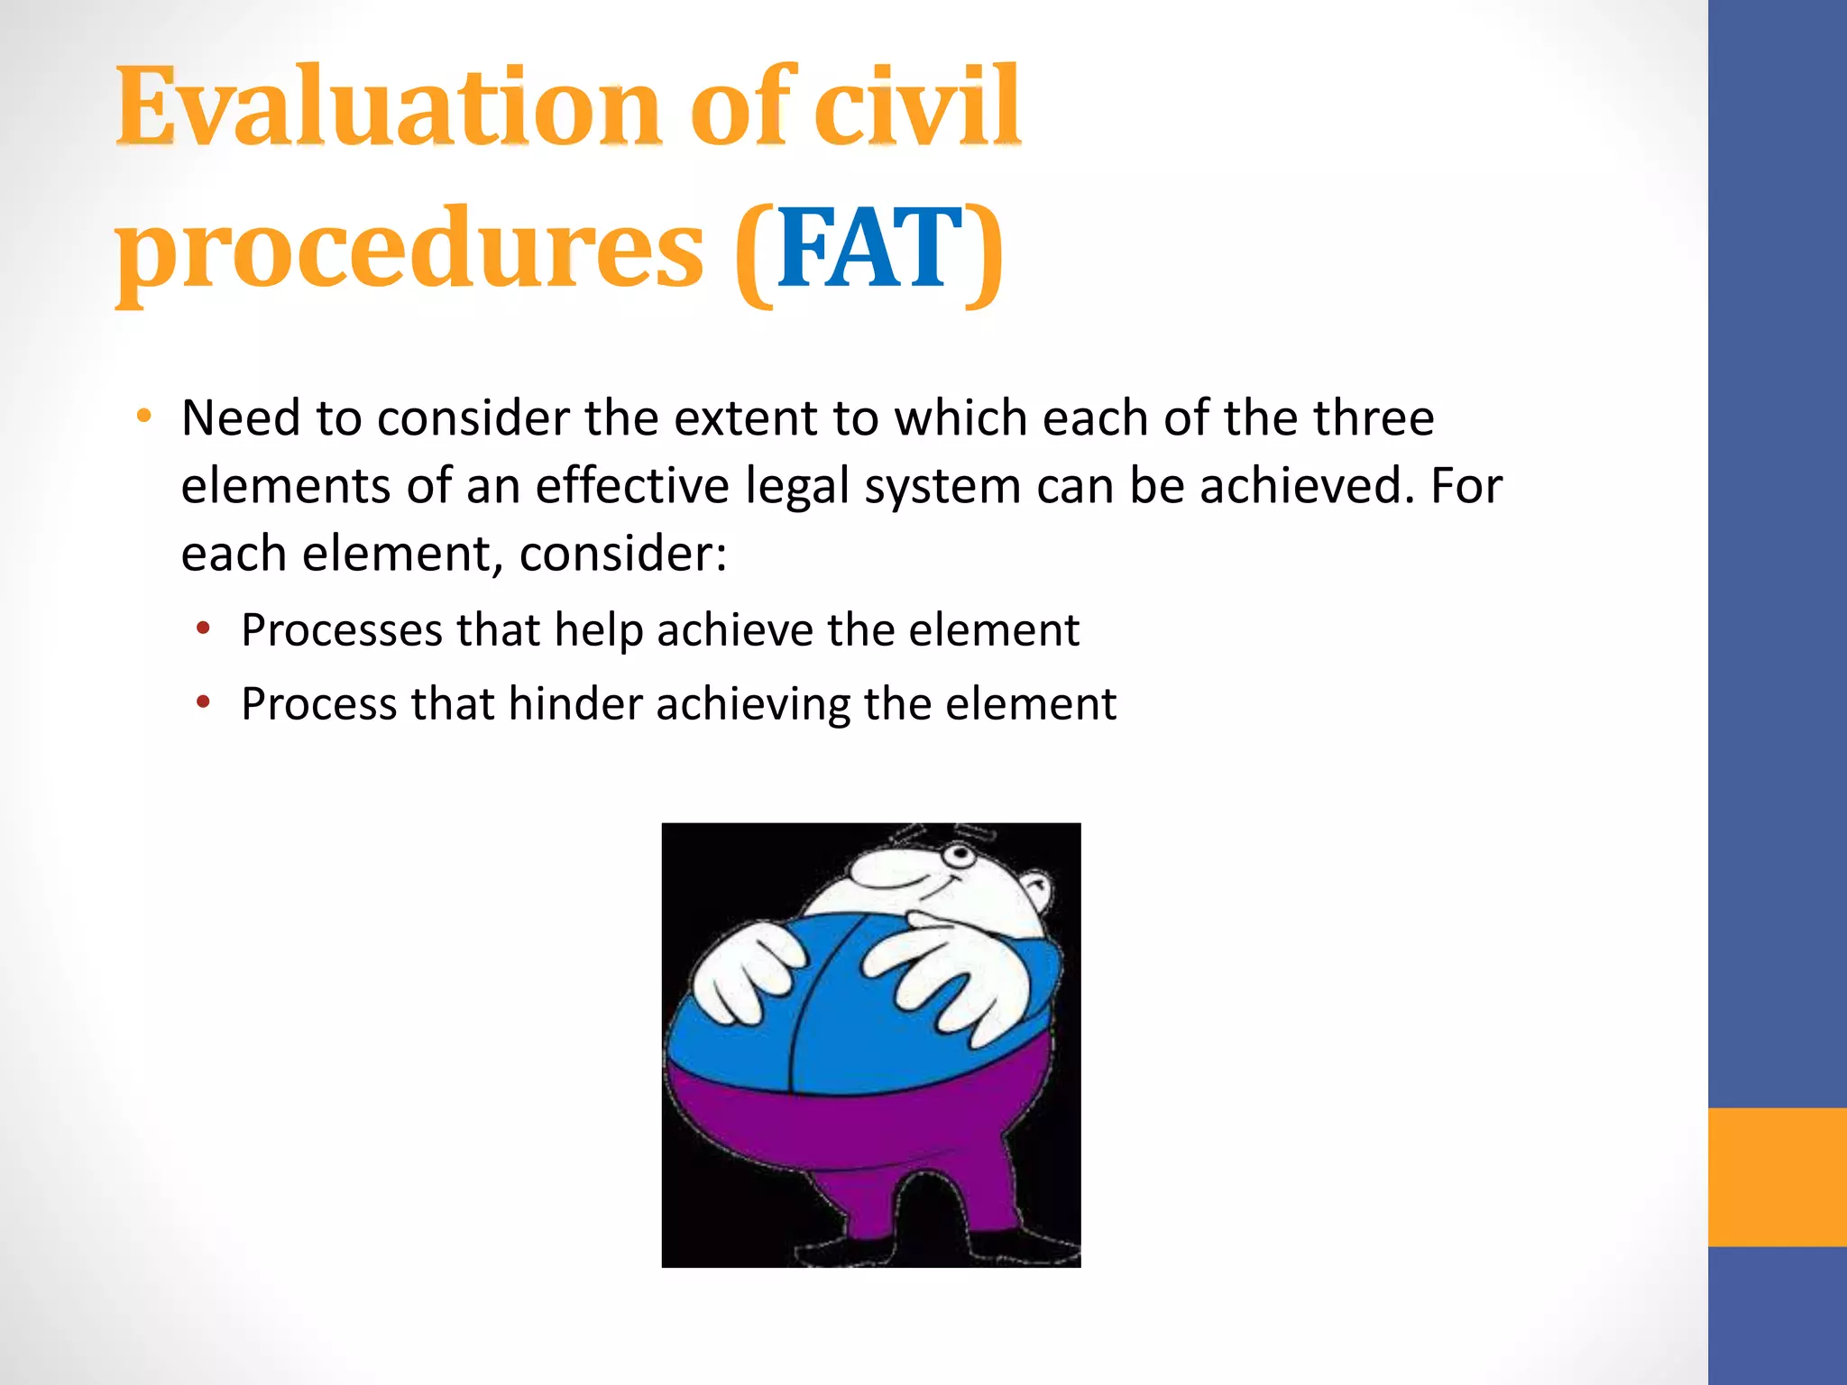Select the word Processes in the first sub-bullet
(342, 629)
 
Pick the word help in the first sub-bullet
(598, 629)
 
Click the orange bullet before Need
(143, 417)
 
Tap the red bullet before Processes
(204, 628)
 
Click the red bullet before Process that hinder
(204, 702)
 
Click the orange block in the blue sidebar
(1777, 1177)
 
